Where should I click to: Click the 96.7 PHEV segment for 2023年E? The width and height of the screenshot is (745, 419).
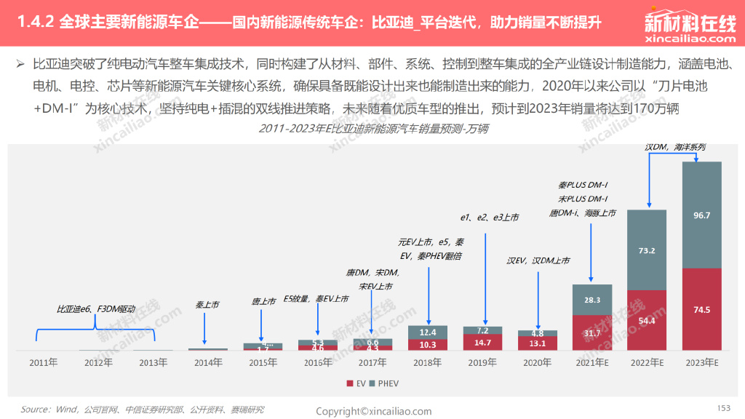(x=701, y=215)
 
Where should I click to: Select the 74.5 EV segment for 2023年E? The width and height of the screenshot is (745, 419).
(x=701, y=310)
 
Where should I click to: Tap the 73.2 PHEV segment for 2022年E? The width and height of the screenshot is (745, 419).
(x=647, y=250)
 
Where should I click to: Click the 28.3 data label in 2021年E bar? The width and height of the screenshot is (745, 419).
(x=592, y=299)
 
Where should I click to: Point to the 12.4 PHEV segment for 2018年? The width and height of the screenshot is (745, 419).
(x=428, y=332)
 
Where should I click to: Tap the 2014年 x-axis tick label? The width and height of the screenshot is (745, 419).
(x=208, y=362)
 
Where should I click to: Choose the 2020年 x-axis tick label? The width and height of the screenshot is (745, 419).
(x=537, y=362)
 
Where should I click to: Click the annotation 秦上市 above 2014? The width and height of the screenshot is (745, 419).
(x=207, y=305)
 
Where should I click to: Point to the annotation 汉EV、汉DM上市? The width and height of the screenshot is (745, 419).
(x=538, y=260)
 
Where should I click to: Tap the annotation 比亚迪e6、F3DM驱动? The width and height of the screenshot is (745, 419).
(x=96, y=309)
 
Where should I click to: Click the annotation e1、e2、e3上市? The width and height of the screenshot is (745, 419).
(x=489, y=218)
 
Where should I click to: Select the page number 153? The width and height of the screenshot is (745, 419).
(x=723, y=408)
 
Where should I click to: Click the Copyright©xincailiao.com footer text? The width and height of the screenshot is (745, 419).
(x=373, y=411)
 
